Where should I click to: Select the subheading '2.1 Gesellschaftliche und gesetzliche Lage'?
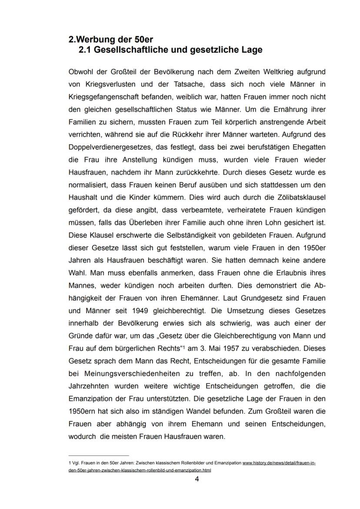point(170,50)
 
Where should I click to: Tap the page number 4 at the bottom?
point(197,480)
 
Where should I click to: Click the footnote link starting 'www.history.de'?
point(279,463)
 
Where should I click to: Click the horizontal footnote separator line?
point(99,456)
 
